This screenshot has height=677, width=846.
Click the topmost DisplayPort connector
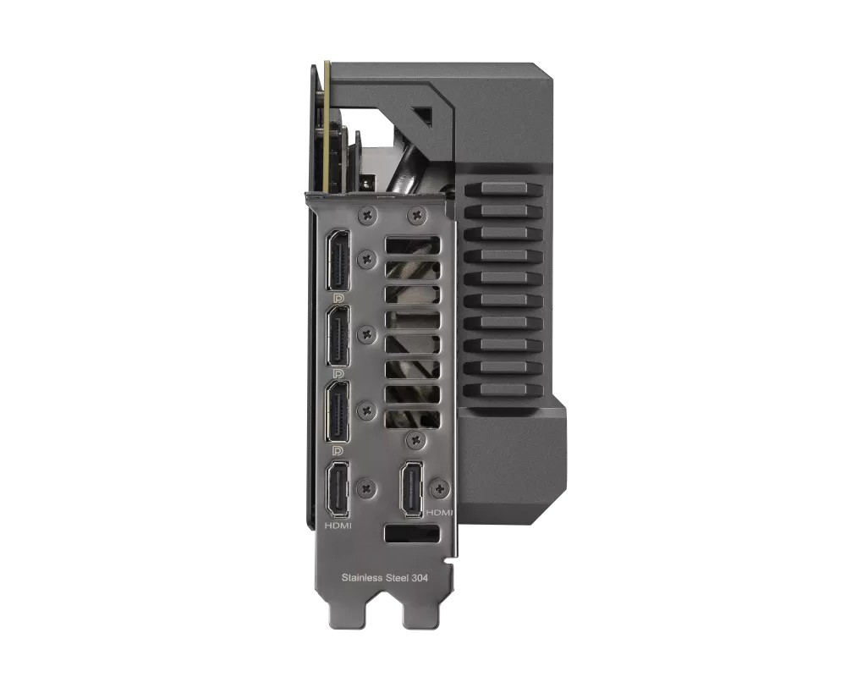click(338, 260)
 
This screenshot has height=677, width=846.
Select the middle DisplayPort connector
click(338, 336)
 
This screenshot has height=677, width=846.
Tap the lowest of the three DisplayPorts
click(338, 411)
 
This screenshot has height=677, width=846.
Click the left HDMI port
click(338, 489)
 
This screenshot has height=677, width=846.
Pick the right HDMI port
click(411, 489)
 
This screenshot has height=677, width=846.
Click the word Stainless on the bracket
click(361, 578)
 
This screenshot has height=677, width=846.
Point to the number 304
click(420, 578)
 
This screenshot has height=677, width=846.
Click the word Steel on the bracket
click(397, 578)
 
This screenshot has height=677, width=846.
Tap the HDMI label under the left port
click(338, 526)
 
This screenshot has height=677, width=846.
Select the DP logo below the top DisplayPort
click(338, 298)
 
